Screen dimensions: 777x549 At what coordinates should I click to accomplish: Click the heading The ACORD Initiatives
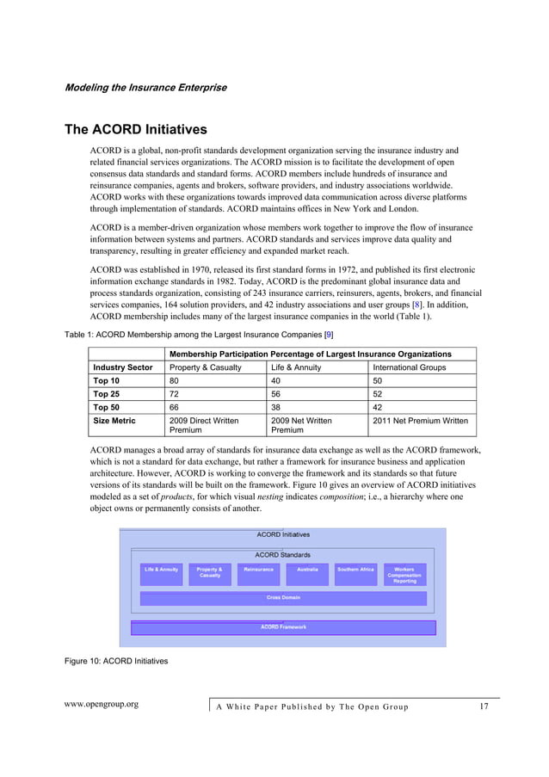coord(136,130)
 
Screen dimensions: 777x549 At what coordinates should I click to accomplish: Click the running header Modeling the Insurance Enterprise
coord(145,88)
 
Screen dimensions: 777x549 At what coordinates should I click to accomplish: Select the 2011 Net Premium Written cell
coord(420,421)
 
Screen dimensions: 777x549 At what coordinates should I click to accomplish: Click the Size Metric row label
coord(114,421)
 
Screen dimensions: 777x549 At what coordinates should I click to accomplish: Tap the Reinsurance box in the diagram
coord(258,574)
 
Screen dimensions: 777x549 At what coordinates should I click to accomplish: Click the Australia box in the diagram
coord(307,574)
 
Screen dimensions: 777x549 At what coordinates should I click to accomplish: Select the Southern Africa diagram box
coord(355,574)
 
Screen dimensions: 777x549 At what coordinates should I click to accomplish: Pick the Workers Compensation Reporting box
coord(404,575)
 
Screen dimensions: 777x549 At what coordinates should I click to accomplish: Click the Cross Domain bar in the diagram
coord(283,598)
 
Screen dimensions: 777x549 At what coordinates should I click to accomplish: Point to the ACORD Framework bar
coord(283,627)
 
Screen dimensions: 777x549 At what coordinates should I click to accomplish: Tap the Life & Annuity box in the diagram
coord(161,574)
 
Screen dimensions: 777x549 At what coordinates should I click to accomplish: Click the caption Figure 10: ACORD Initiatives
coord(116,661)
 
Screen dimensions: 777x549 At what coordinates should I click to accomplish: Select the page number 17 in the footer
coord(483,706)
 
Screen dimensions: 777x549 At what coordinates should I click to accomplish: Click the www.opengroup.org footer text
coord(102,705)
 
